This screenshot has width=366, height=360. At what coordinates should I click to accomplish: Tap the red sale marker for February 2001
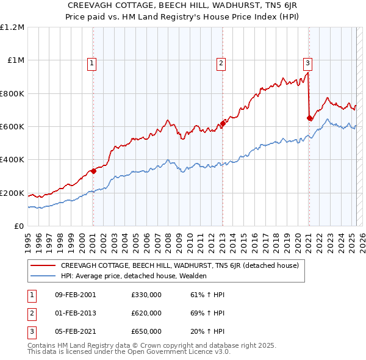coord(93,171)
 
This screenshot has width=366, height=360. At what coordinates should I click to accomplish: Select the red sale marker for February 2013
coord(223,123)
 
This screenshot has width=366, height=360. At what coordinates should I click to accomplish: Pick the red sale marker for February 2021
coord(309,118)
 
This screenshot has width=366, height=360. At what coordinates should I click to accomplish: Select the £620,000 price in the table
coord(146,314)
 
